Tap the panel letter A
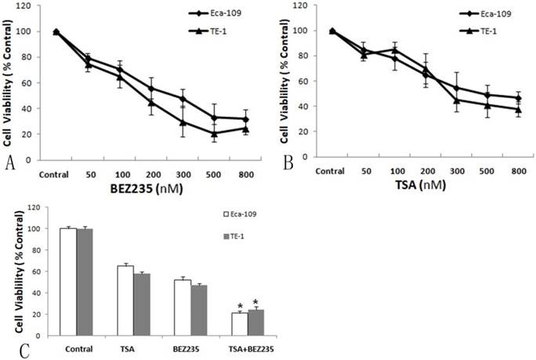pyautogui.click(x=9, y=162)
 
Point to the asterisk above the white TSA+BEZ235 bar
pyautogui.click(x=240, y=307)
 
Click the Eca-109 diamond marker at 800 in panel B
pyautogui.click(x=518, y=98)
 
